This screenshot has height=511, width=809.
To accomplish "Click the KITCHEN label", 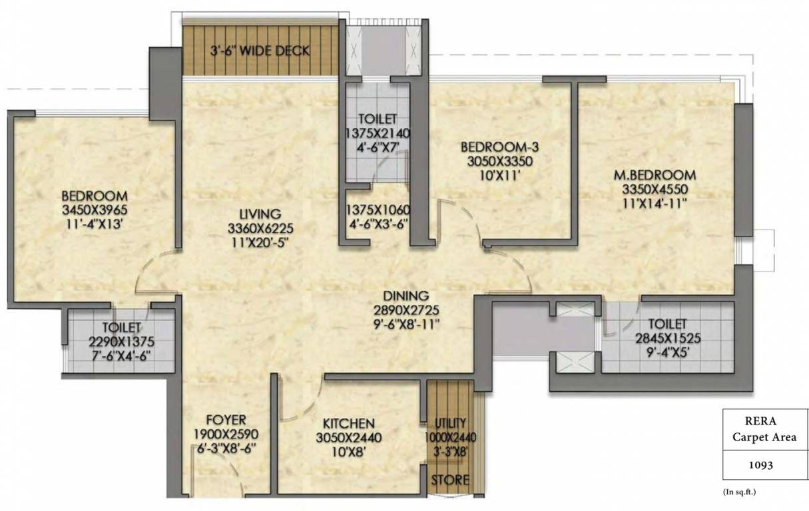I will coord(348,423).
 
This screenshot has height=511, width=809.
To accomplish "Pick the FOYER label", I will coord(226,419).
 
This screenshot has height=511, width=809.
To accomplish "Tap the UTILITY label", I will coord(451,423).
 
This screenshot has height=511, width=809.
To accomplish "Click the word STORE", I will coord(450,480).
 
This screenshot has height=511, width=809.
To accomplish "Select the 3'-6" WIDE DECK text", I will coord(260,51).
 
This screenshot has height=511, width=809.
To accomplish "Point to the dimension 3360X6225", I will coord(260,228).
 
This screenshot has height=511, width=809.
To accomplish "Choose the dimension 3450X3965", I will coord(94,210).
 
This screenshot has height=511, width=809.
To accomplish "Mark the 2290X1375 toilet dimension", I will coord(122,341).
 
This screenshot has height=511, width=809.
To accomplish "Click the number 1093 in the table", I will coord(760,466).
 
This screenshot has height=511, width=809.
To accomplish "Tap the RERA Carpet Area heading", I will coord(760,429).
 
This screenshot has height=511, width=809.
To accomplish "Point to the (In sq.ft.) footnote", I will coord(740,492).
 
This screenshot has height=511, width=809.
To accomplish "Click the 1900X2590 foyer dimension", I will coord(226,434).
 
